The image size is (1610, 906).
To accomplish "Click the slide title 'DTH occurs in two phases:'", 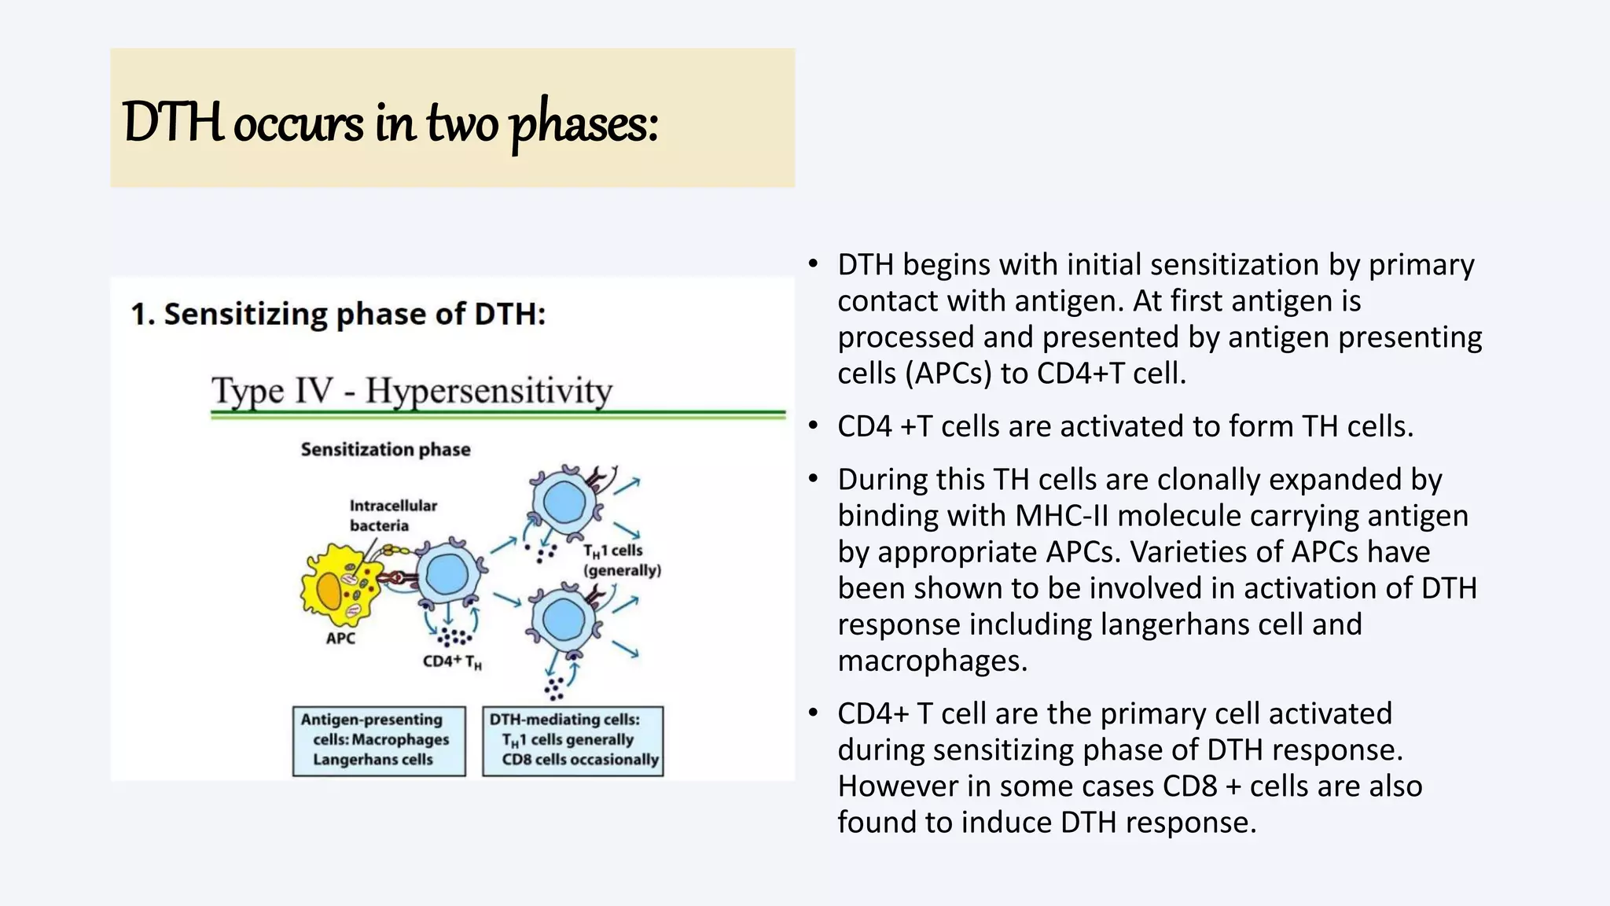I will click(x=391, y=123).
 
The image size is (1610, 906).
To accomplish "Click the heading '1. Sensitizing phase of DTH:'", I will click(x=338, y=314).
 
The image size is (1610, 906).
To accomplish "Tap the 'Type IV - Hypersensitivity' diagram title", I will click(x=411, y=391).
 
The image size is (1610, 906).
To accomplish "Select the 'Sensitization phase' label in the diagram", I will click(x=385, y=449).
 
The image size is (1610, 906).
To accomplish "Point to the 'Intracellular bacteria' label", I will click(x=392, y=515).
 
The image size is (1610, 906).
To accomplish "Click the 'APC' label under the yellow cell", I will click(x=340, y=638).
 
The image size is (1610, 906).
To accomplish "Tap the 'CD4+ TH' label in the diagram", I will click(x=452, y=661).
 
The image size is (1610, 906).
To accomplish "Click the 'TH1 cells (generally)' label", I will click(x=621, y=560).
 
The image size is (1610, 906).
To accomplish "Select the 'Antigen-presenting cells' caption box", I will click(x=379, y=740).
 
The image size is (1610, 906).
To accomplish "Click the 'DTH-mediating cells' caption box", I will click(x=572, y=740).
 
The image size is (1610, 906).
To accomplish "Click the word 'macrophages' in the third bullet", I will click(x=932, y=661).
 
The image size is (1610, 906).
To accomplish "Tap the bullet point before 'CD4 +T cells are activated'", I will click(x=814, y=426).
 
